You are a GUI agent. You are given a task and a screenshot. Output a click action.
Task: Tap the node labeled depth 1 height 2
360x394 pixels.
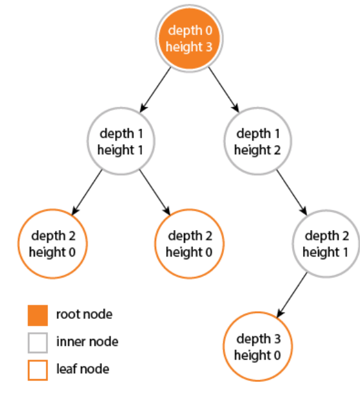point(258,141)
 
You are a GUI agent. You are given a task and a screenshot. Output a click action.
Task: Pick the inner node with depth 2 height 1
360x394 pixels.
point(326,244)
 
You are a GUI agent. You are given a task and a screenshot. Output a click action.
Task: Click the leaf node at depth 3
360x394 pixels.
point(257,347)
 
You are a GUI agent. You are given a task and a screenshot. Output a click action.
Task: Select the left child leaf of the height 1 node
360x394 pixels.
point(53,244)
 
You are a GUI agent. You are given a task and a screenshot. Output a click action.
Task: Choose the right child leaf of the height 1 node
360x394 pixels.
point(189,244)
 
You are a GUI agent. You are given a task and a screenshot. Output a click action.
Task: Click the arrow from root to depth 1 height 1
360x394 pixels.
point(155,89)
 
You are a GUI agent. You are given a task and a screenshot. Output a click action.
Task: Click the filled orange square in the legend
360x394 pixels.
point(38,314)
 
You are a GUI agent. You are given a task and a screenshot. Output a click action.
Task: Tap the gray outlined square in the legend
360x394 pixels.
point(38,342)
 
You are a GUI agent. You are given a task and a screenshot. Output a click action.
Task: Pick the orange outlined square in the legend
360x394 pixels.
point(38,369)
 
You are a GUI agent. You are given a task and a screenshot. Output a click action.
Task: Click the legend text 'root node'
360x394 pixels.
point(84,314)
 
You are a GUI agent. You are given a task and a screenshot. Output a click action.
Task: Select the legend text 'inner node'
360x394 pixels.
point(87,342)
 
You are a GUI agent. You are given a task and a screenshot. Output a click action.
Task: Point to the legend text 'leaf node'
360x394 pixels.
point(83,369)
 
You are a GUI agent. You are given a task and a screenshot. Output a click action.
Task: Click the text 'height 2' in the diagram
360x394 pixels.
point(258,150)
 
